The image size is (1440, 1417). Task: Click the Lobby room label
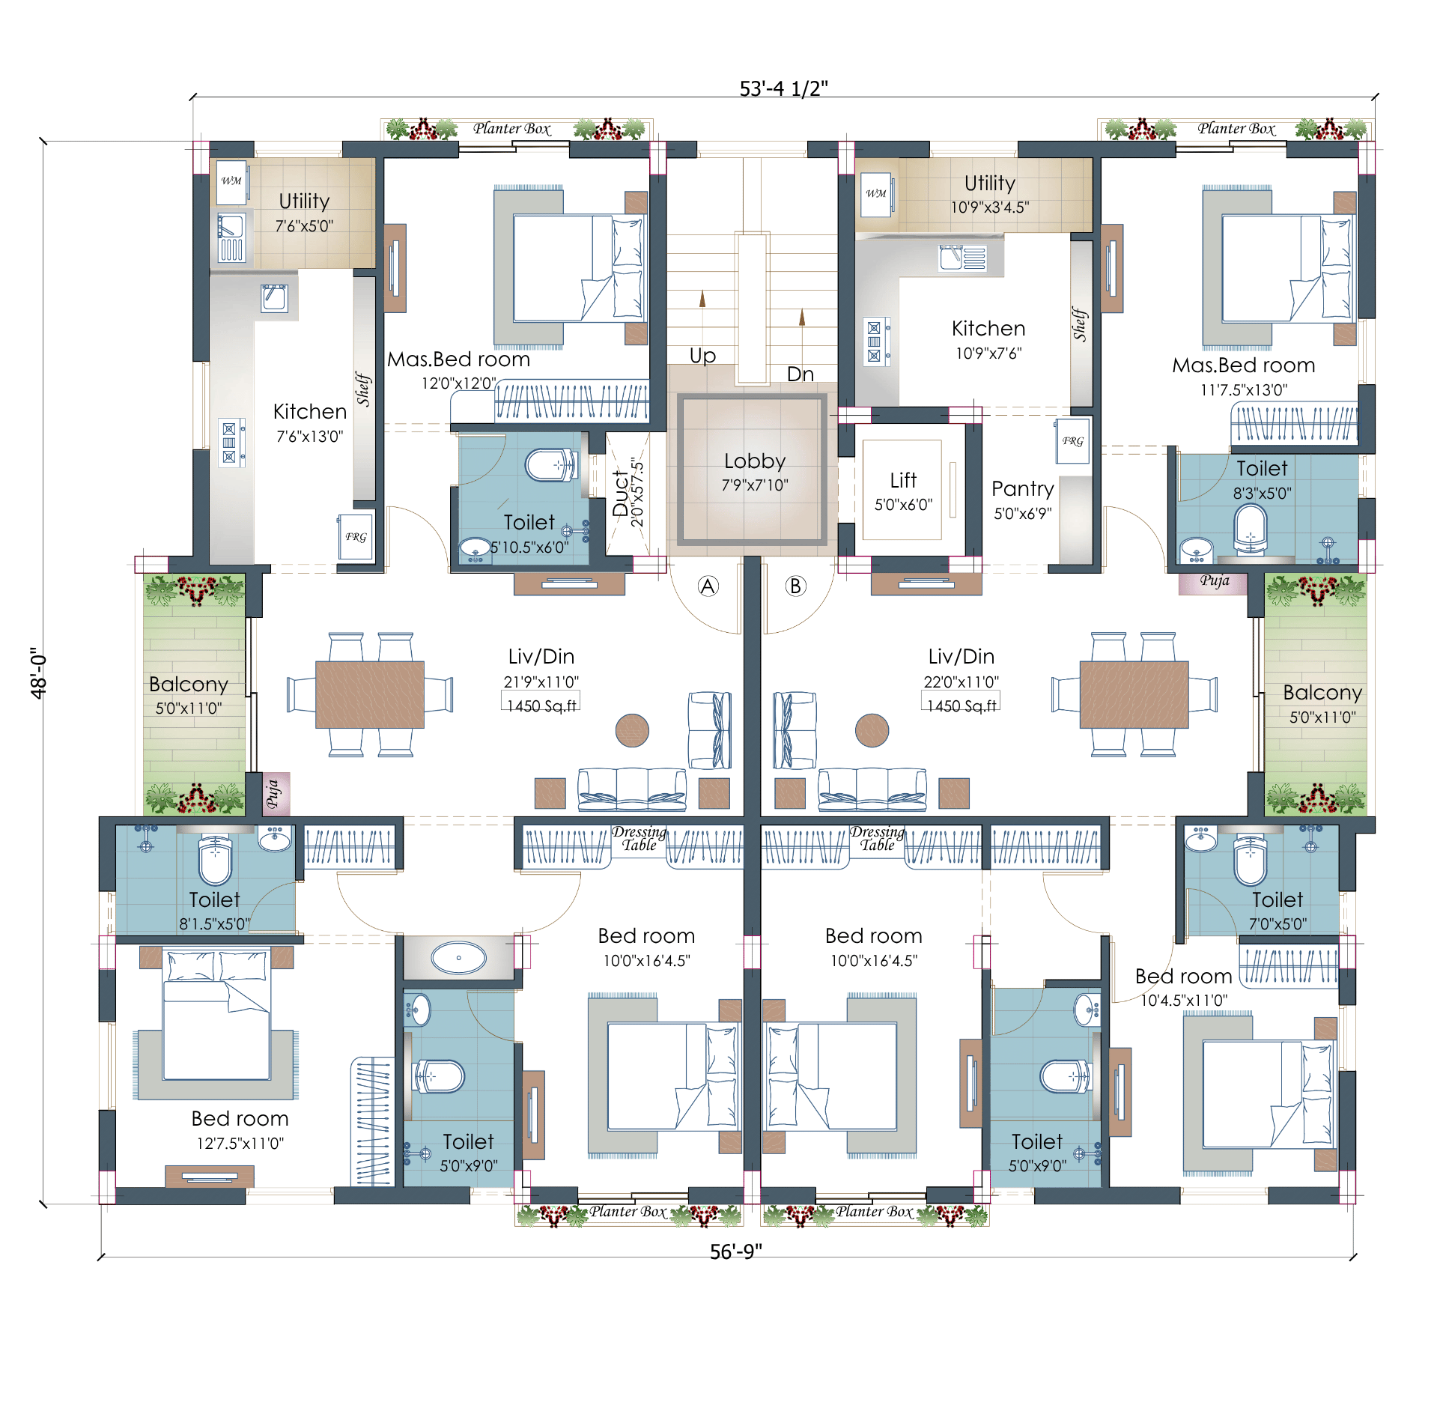[x=754, y=461]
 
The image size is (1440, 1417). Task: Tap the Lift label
[x=903, y=479]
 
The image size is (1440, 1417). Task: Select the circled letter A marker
[x=708, y=586]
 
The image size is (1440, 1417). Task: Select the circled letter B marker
[x=795, y=586]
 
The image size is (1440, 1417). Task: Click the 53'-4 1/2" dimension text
[x=783, y=88]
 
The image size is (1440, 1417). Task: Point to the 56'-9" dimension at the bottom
[x=735, y=1251]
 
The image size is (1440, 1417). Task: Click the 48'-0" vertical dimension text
[x=38, y=673]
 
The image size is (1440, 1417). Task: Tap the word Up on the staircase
[x=702, y=356]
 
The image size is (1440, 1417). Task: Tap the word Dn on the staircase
[x=800, y=374]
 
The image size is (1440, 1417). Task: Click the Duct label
[x=620, y=494]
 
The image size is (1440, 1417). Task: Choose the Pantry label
[x=1022, y=489]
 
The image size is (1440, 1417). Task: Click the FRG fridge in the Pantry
[x=1072, y=441]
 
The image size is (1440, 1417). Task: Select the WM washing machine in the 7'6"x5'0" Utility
[x=231, y=181]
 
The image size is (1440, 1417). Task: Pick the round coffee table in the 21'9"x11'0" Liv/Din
[x=632, y=730]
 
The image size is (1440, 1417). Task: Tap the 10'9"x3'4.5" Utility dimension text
[x=989, y=207]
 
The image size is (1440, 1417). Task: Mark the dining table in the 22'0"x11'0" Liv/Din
[x=1134, y=694]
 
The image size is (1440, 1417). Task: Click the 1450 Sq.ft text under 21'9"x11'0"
[x=541, y=706]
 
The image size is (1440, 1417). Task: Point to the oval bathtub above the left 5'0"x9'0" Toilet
[x=458, y=957]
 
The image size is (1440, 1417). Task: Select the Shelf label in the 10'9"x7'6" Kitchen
[x=1079, y=324]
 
